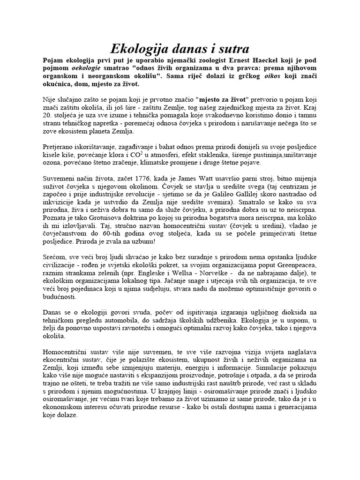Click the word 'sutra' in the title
(x=230, y=49)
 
